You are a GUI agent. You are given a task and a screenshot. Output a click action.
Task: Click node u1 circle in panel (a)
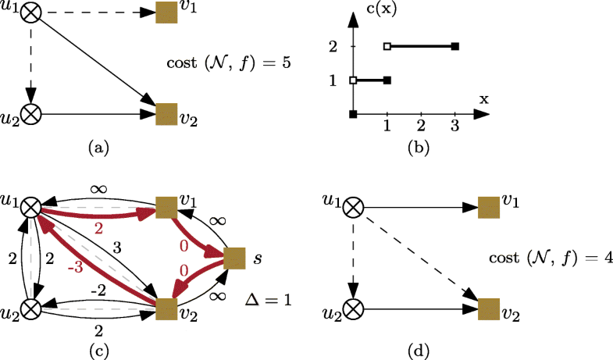(31, 13)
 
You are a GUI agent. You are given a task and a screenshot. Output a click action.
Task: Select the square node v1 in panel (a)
(166, 13)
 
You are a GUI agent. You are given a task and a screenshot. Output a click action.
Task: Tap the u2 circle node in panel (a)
(31, 114)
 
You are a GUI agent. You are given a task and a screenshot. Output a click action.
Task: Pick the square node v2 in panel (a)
(166, 114)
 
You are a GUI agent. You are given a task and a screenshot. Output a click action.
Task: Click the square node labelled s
(235, 258)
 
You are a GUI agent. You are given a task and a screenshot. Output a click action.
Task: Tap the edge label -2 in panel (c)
(96, 289)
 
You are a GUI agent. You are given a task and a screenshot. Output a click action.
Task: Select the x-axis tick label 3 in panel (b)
(455, 127)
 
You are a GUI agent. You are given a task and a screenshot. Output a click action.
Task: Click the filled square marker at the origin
(353, 115)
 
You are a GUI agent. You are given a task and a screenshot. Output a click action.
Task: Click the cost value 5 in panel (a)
(287, 62)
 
